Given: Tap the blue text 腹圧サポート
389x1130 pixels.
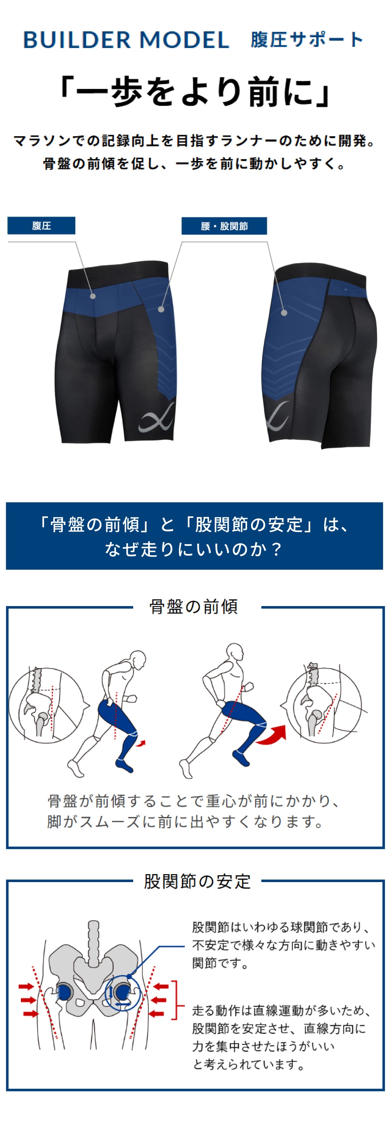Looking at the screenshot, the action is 307,40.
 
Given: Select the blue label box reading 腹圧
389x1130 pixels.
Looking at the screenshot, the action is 41,226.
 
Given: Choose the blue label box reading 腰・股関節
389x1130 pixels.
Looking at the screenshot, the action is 224,226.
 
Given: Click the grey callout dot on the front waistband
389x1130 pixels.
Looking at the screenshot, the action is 93,296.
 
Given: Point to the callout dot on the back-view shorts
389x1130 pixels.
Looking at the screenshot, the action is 284,313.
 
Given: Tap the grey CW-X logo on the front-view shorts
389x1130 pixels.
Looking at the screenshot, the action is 156,417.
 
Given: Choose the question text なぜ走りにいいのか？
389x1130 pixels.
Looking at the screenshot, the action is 194,549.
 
